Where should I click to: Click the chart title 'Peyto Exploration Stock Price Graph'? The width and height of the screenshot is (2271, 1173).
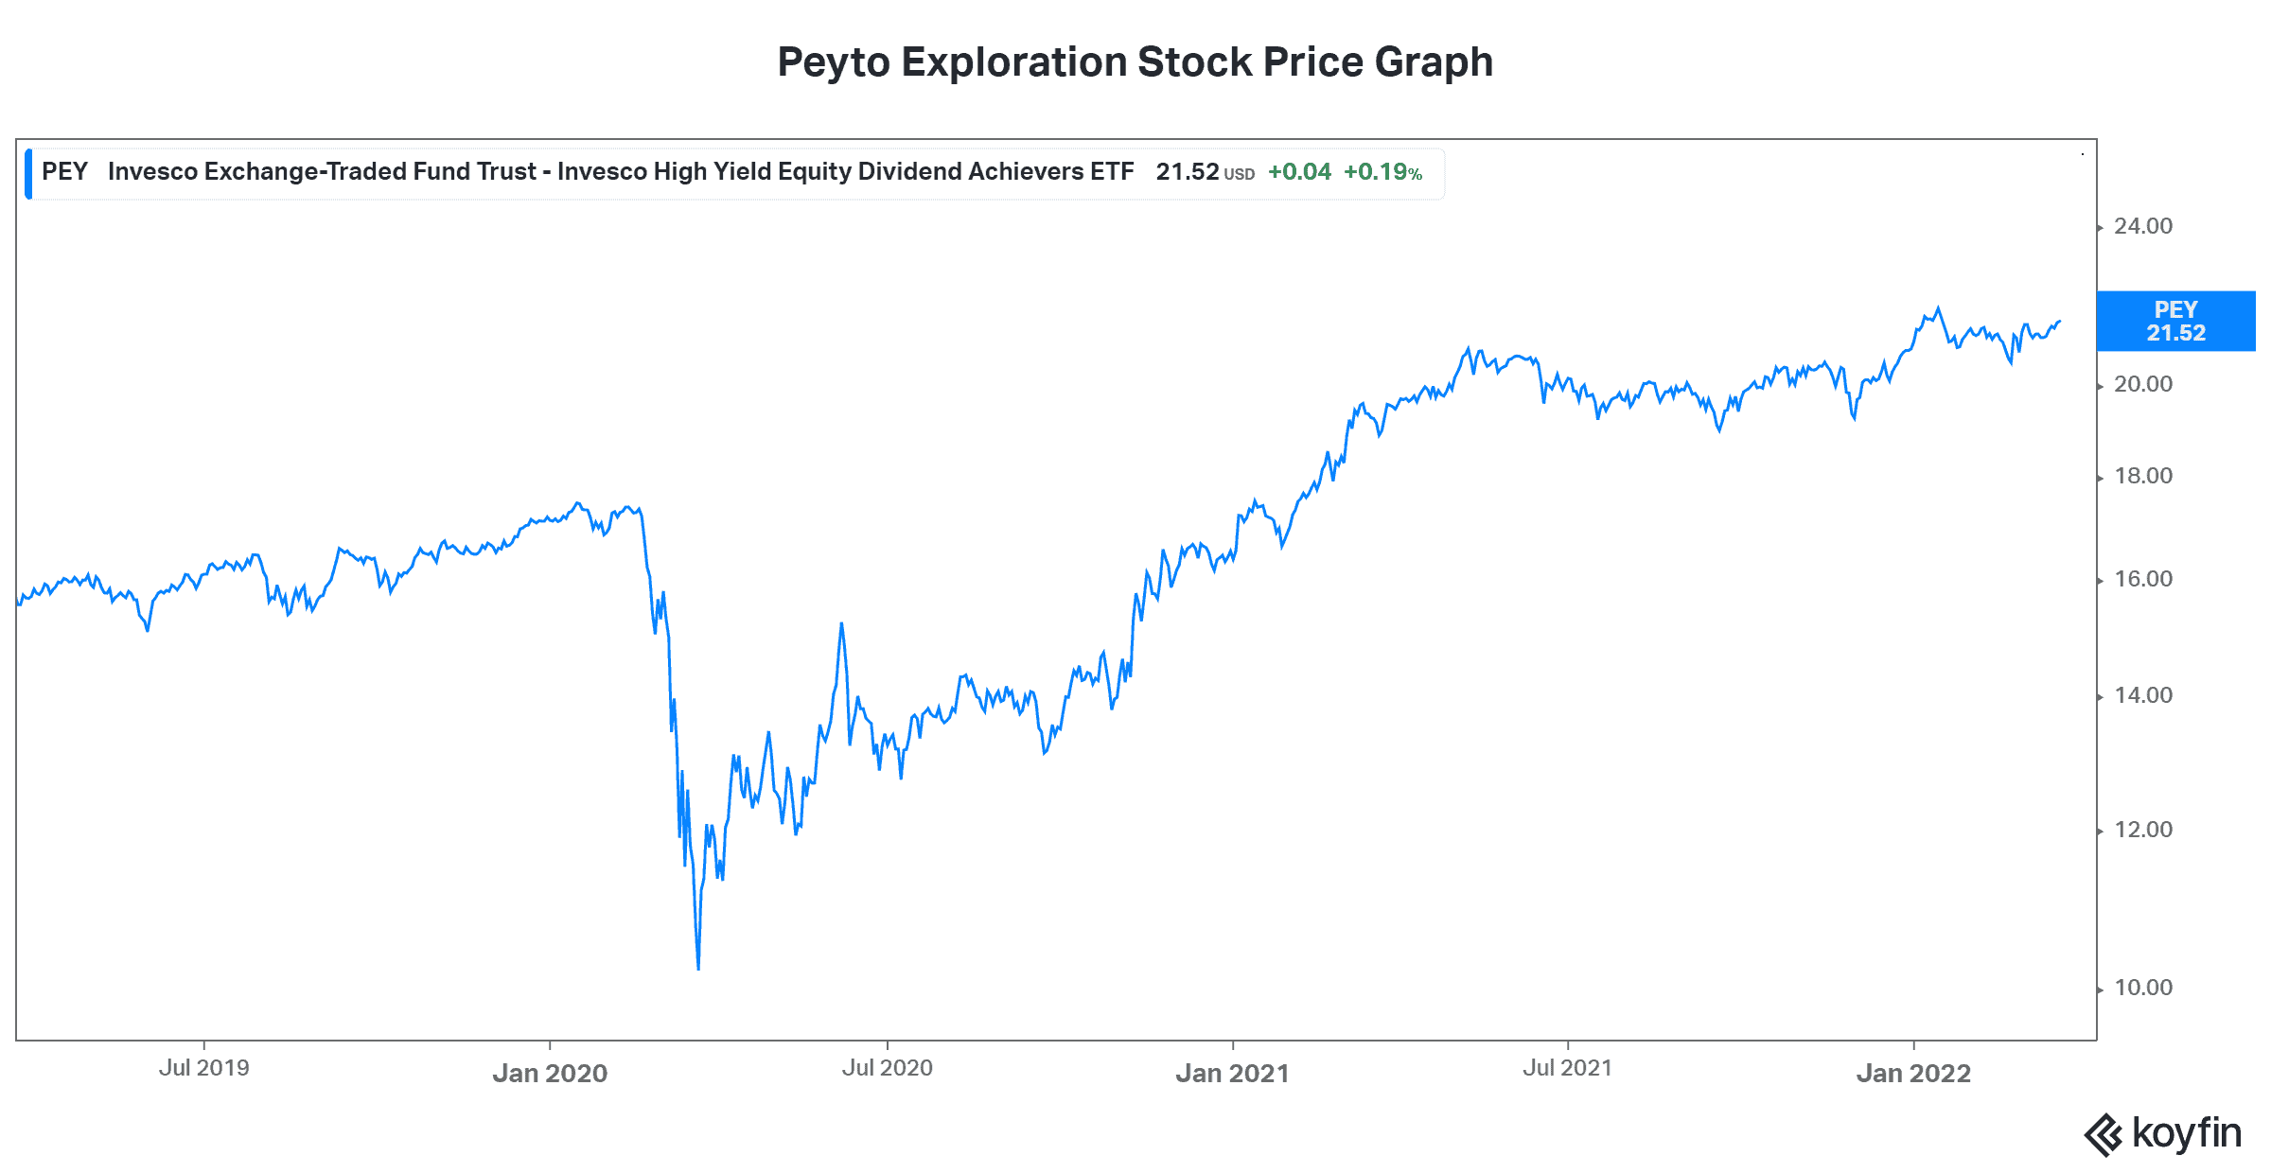pyautogui.click(x=1135, y=62)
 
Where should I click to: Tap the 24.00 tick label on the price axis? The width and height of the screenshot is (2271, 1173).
pyautogui.click(x=2143, y=226)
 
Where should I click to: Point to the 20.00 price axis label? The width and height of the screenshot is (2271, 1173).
pyautogui.click(x=2143, y=384)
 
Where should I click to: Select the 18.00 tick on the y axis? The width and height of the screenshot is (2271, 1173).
pyautogui.click(x=2143, y=476)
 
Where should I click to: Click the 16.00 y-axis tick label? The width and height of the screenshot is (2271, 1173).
pyautogui.click(x=2143, y=579)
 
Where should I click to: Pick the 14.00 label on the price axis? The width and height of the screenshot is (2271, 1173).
pyautogui.click(x=2143, y=695)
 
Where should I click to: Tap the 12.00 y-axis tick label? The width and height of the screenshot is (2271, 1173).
pyautogui.click(x=2143, y=830)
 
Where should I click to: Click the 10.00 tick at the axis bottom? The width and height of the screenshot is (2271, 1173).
pyautogui.click(x=2143, y=988)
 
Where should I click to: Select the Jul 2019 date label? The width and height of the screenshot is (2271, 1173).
pyautogui.click(x=203, y=1068)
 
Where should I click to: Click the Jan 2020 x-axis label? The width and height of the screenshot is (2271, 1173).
pyautogui.click(x=550, y=1073)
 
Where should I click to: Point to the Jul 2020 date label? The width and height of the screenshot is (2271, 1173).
pyautogui.click(x=887, y=1068)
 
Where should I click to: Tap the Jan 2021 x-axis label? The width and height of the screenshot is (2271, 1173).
pyautogui.click(x=1232, y=1073)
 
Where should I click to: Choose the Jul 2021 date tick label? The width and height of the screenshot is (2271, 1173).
pyautogui.click(x=1567, y=1068)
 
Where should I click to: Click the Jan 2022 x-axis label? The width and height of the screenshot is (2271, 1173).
pyautogui.click(x=1913, y=1073)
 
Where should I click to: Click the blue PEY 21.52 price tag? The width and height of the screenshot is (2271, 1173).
pyautogui.click(x=2175, y=322)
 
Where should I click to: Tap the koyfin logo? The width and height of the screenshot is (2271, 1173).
pyautogui.click(x=2163, y=1133)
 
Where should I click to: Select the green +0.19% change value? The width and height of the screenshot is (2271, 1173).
pyautogui.click(x=1382, y=172)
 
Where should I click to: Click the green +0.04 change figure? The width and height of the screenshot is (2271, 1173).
pyautogui.click(x=1299, y=172)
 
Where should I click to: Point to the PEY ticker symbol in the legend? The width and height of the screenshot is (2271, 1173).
pyautogui.click(x=64, y=171)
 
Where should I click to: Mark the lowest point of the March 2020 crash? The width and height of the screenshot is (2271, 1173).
pyautogui.click(x=698, y=969)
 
